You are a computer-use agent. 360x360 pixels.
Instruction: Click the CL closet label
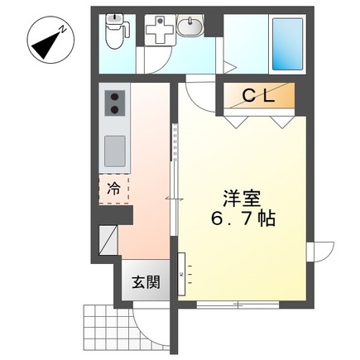pyautogui.click(x=258, y=96)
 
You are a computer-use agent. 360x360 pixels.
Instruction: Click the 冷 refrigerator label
pyautogui.click(x=113, y=189)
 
